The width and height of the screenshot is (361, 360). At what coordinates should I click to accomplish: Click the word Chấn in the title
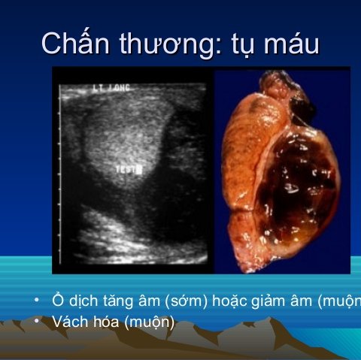coord(75,43)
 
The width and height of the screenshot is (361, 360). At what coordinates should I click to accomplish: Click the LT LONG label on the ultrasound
coord(111,89)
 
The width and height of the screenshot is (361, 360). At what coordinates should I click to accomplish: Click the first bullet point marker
coord(35,301)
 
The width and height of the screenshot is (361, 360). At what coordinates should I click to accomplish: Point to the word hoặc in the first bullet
coord(230,302)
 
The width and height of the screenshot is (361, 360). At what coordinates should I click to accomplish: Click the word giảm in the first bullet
coord(273,302)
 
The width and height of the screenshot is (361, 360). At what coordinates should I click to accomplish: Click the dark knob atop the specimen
coord(302,105)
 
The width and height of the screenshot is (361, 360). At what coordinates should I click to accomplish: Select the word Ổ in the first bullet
coord(56,301)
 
